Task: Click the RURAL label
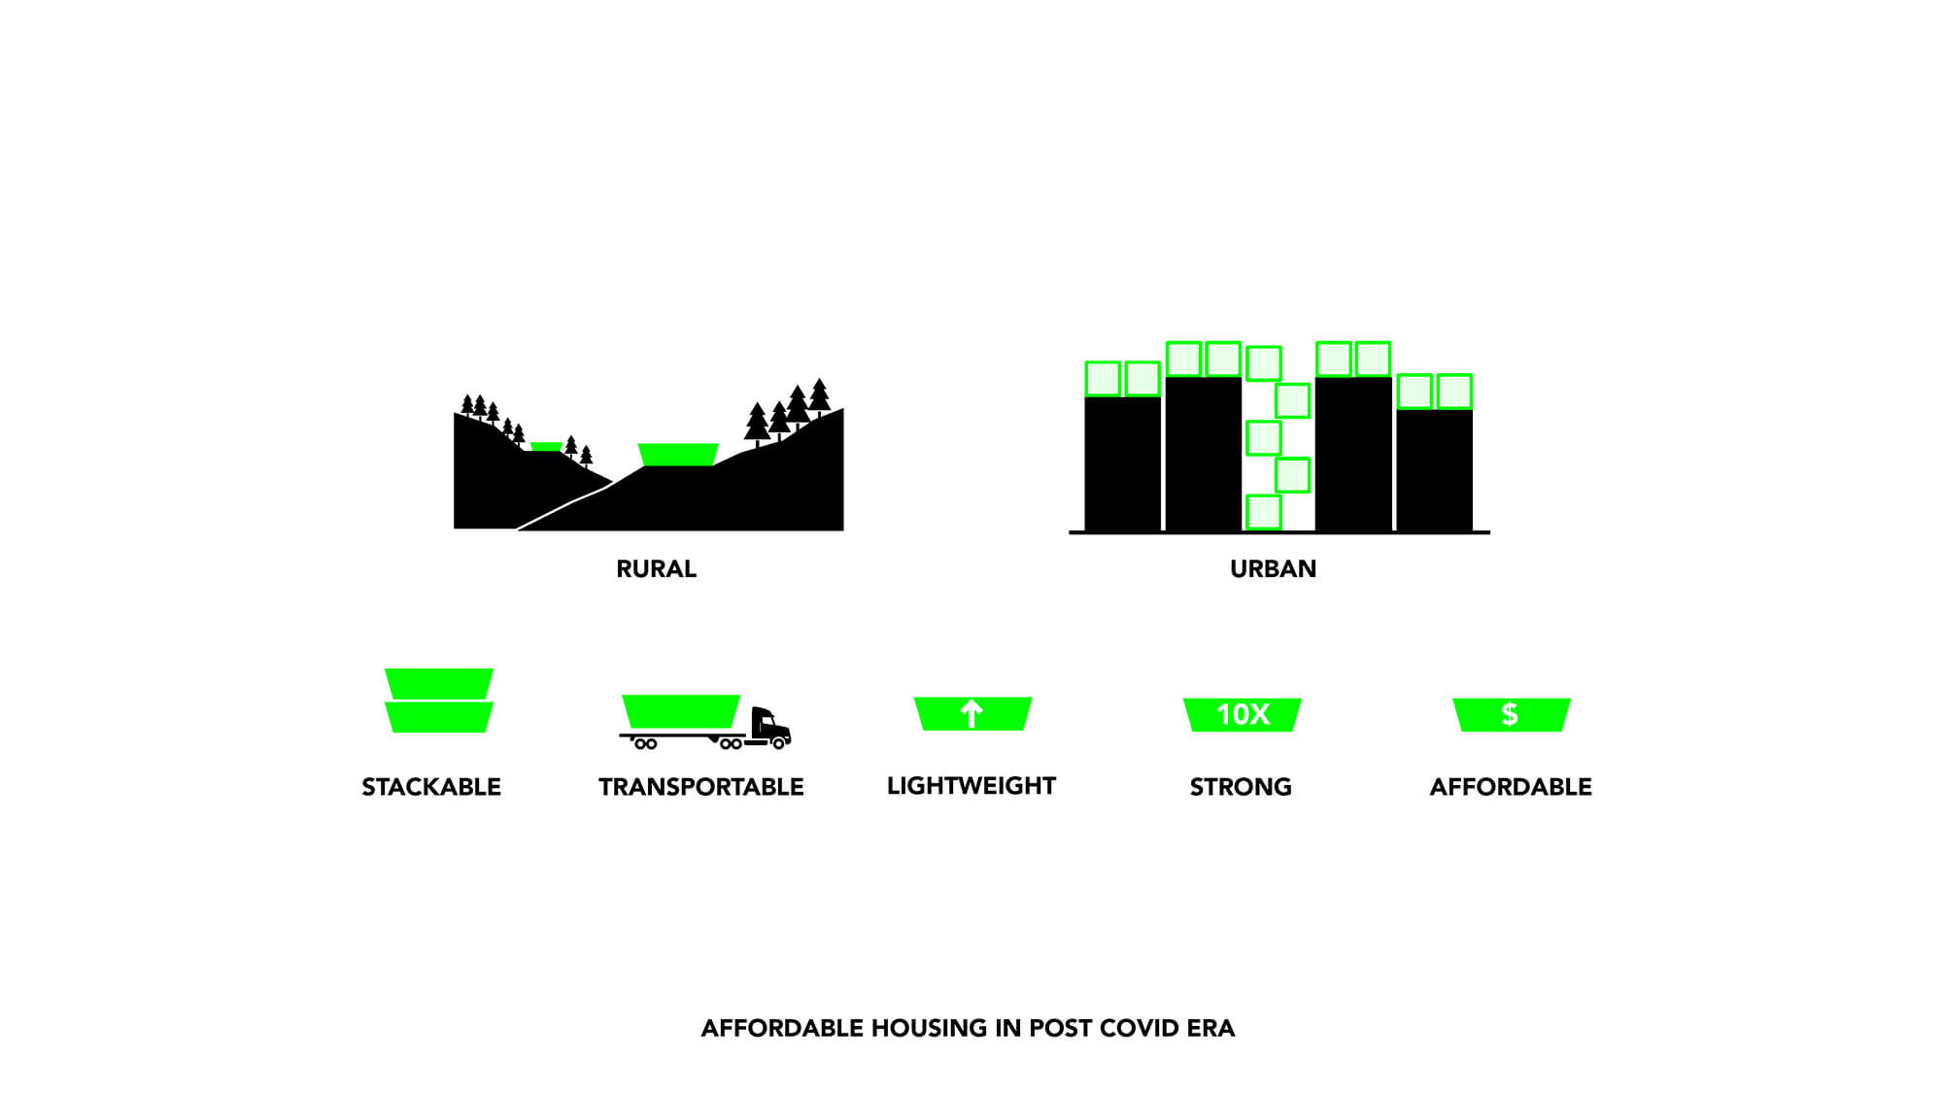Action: (656, 568)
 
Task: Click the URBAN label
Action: (1273, 568)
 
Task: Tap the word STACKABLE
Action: (431, 786)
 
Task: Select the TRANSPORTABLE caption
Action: (700, 786)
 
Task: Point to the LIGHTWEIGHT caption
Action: (971, 785)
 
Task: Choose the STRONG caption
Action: (1241, 786)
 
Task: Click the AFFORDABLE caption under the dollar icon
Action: (1511, 786)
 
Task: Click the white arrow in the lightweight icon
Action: (971, 714)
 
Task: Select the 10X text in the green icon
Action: (1243, 715)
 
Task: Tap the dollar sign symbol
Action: (1510, 714)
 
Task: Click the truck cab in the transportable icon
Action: (770, 727)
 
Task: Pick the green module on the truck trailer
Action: (681, 711)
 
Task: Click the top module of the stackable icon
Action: (439, 683)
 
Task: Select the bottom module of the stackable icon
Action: (439, 717)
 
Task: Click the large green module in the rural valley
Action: (678, 455)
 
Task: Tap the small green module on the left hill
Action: (546, 447)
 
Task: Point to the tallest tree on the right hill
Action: (819, 396)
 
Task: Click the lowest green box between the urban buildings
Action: (1263, 512)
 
